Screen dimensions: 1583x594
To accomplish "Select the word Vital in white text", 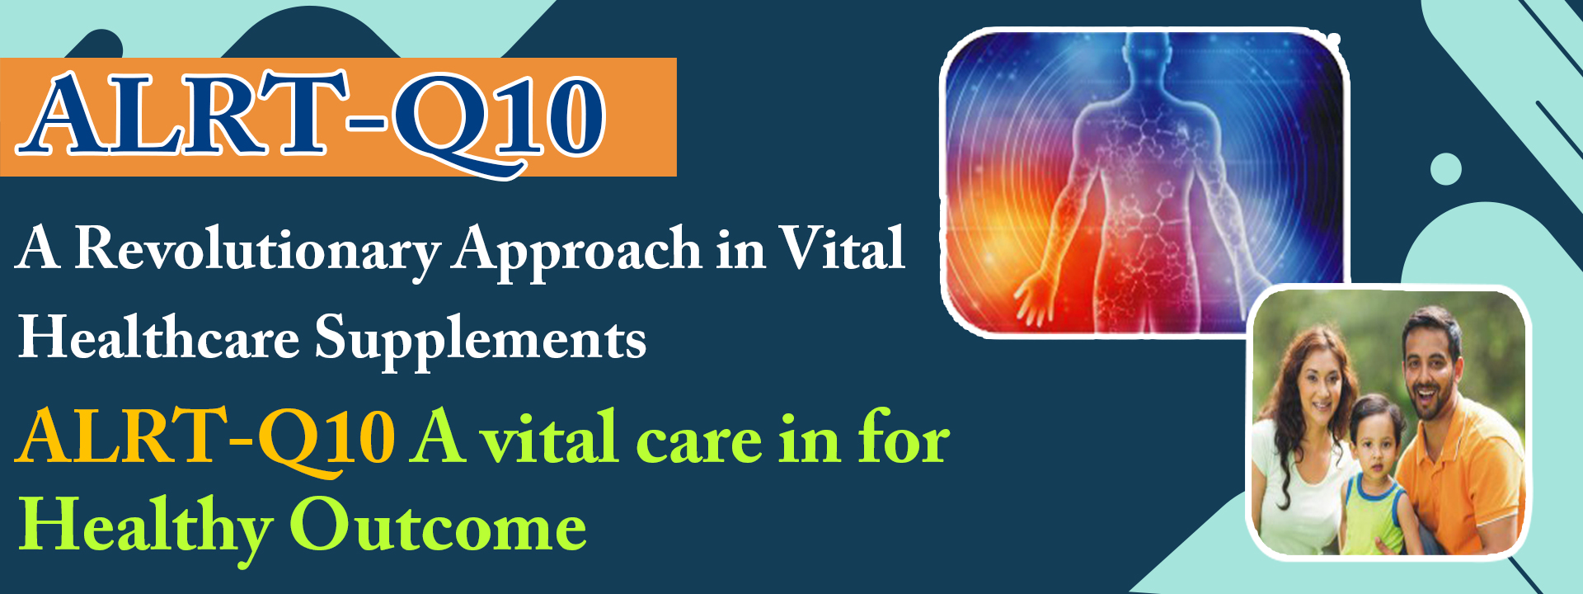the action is [843, 247].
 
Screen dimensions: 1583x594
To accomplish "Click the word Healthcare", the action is [159, 338].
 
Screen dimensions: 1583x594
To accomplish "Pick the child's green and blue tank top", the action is [1372, 515].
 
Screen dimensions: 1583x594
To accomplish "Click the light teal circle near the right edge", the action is [1446, 169].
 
